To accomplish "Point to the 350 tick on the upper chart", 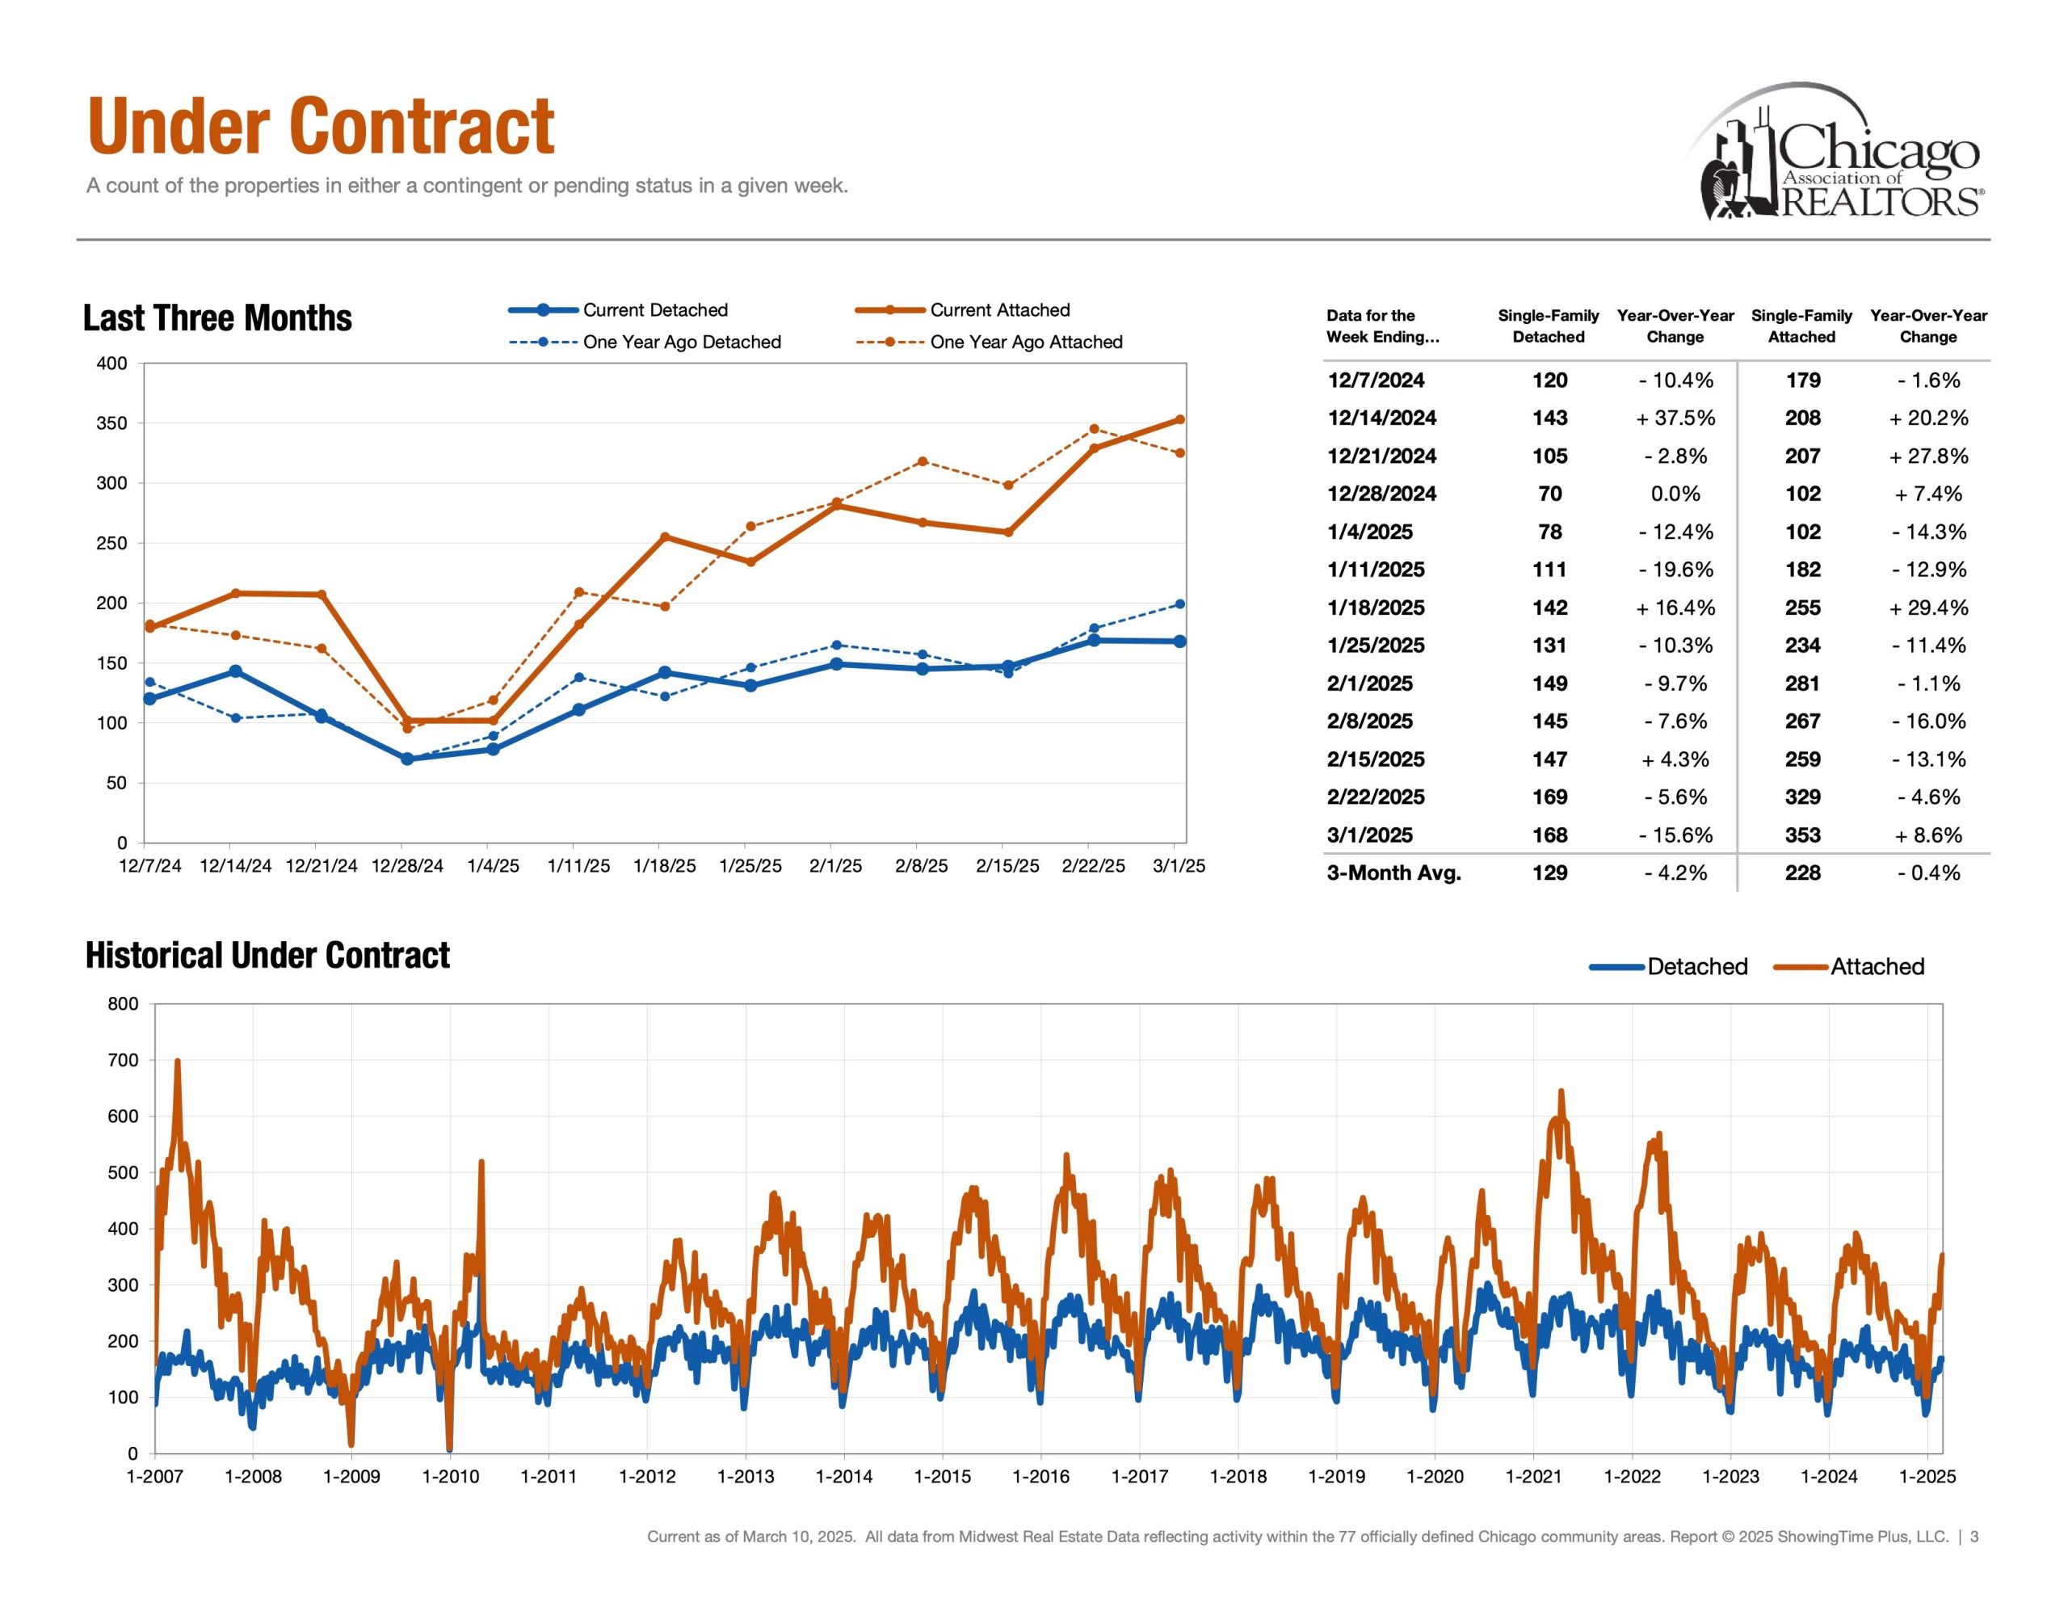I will tap(111, 423).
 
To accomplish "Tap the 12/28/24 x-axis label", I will tap(407, 866).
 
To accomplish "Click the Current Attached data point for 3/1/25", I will tap(1180, 419).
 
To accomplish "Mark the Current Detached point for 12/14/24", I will tap(236, 671).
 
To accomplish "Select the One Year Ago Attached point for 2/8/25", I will tap(923, 462).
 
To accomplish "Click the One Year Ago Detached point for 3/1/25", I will tap(1180, 604).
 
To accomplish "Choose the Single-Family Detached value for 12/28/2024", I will tap(1549, 494).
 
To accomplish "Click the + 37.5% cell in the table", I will tap(1675, 418).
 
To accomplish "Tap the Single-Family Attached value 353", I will tap(1802, 835).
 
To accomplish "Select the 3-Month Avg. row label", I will tap(1393, 873).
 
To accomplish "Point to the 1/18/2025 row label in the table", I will tap(1376, 608).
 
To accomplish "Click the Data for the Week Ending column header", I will tap(1381, 326).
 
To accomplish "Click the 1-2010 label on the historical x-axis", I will tap(451, 1477).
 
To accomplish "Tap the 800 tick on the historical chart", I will tap(123, 1004).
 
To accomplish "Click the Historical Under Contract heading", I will tap(267, 956).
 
